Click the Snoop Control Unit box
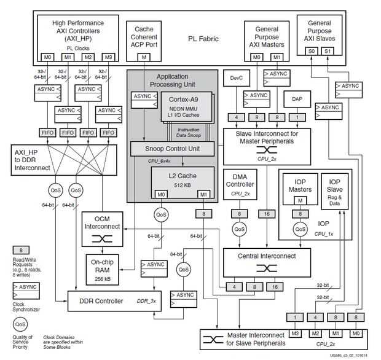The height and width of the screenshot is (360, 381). coord(172,149)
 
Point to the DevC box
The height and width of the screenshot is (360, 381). coord(237,78)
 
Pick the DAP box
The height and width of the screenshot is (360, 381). coord(297,99)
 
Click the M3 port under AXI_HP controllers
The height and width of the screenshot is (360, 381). coord(108,57)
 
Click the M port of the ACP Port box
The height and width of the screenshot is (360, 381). coord(144,57)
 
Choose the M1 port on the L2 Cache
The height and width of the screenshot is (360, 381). coord(203,195)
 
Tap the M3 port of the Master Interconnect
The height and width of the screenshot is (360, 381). coord(295,333)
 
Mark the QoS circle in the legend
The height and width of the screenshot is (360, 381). coord(20,323)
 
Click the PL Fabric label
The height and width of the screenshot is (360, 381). coord(203,39)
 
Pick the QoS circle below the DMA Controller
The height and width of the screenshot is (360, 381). coord(239,227)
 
